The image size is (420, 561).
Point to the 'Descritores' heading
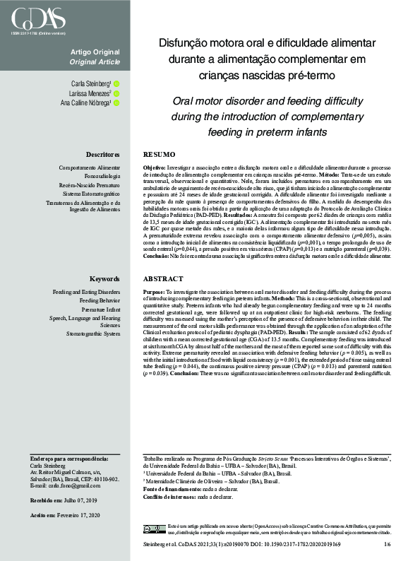click(102, 154)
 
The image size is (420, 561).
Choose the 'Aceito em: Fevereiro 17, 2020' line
click(66, 515)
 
